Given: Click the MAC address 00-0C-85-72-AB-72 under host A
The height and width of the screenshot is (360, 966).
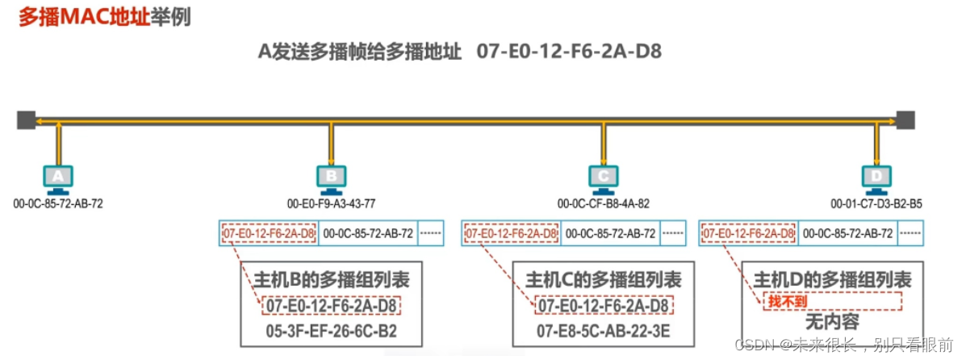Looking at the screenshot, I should click(58, 203).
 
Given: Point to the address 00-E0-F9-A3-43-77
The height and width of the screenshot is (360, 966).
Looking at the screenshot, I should click(331, 203).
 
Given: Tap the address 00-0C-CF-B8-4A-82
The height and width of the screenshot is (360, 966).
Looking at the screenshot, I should click(604, 203).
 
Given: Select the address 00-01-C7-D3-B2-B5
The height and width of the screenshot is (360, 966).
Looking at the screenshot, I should click(876, 203).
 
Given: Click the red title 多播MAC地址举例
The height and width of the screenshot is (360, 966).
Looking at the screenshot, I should click(104, 17).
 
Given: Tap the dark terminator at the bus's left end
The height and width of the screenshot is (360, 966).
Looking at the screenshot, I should click(26, 120).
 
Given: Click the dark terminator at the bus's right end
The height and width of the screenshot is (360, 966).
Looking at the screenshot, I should click(905, 120).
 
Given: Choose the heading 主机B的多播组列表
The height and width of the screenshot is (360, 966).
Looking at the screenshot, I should click(331, 280).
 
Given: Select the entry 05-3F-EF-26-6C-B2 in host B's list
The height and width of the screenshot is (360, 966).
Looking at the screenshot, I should click(331, 332).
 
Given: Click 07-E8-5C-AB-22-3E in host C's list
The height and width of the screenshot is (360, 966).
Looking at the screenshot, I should click(604, 332).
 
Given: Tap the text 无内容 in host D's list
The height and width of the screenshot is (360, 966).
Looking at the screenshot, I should click(832, 322).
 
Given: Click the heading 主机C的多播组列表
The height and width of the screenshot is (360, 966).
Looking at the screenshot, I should click(604, 280).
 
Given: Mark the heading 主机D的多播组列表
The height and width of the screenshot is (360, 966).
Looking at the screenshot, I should click(832, 280).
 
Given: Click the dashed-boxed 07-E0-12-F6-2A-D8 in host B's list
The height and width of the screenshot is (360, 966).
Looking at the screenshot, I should click(331, 306).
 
